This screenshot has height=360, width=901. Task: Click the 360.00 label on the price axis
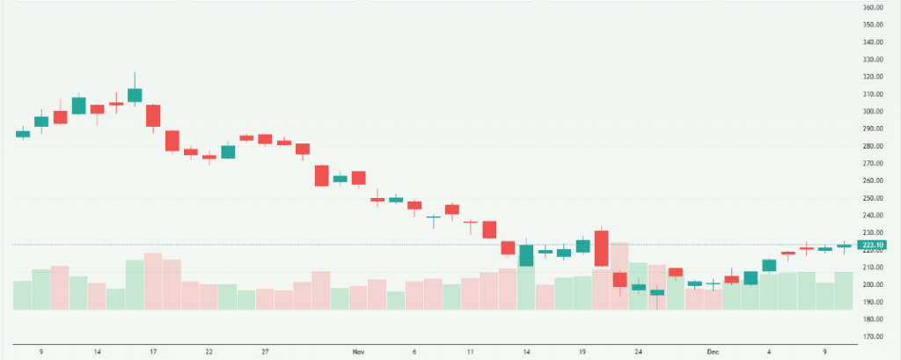pyautogui.click(x=873, y=8)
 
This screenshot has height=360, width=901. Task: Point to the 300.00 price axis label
pyautogui.click(x=873, y=112)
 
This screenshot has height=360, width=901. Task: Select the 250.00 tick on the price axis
pyautogui.click(x=873, y=198)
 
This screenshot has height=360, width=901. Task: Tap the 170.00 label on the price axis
pyautogui.click(x=873, y=336)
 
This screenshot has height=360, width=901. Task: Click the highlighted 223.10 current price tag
pyautogui.click(x=873, y=245)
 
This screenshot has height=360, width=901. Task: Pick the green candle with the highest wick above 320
pyautogui.click(x=135, y=94)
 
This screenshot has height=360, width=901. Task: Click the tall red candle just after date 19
pyautogui.click(x=602, y=249)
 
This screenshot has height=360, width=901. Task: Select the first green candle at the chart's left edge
pyautogui.click(x=23, y=134)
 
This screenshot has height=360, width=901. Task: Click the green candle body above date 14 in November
pyautogui.click(x=527, y=255)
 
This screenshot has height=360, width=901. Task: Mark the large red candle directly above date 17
pyautogui.click(x=153, y=115)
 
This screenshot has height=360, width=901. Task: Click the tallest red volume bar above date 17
pyautogui.click(x=153, y=281)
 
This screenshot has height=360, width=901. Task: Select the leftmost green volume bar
pyautogui.click(x=23, y=295)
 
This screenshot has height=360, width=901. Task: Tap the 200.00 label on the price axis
pyautogui.click(x=873, y=284)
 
